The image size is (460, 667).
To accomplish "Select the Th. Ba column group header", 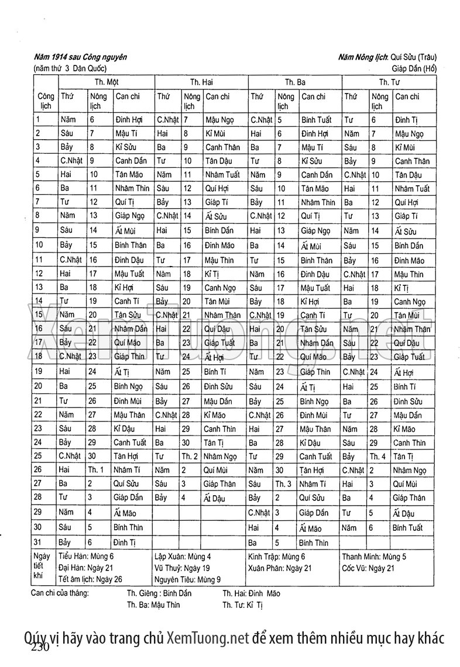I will click(295, 82).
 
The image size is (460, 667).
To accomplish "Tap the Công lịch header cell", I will click(46, 101).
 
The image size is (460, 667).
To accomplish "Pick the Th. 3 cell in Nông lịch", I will click(283, 484).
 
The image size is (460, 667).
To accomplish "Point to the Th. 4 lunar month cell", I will click(377, 456).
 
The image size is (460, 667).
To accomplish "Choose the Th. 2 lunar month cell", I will click(190, 456).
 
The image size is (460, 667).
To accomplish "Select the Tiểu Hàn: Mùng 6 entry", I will click(86, 557).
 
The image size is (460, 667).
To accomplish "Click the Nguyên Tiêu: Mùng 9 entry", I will click(187, 579).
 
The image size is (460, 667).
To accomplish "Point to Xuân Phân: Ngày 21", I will click(280, 568).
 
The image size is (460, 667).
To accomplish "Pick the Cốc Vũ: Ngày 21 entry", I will click(369, 568).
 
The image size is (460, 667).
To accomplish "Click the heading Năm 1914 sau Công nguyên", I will click(80, 57).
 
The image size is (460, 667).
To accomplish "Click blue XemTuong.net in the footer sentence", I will click(208, 637).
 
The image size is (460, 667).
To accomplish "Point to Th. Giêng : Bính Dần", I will click(159, 593).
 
